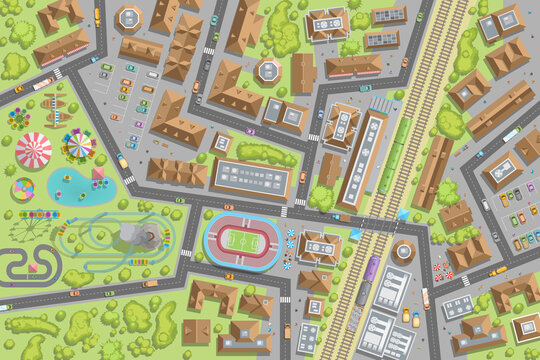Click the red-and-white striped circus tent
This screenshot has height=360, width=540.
pyautogui.click(x=33, y=150)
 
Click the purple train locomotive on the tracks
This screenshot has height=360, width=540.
pyautogui.click(x=369, y=268)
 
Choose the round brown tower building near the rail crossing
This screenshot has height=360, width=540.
pyautogui.click(x=403, y=250)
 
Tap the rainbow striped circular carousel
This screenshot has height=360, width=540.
pyautogui.click(x=22, y=189)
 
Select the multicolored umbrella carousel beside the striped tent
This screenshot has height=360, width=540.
pyautogui.click(x=78, y=146)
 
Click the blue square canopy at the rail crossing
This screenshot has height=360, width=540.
pyautogui.click(x=403, y=214)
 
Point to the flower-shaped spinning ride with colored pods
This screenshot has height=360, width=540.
pyautogui.click(x=19, y=118)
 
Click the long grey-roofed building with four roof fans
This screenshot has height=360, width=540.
pyautogui.click(x=249, y=178)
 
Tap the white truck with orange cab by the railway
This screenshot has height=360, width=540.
pyautogui.click(x=425, y=298)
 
